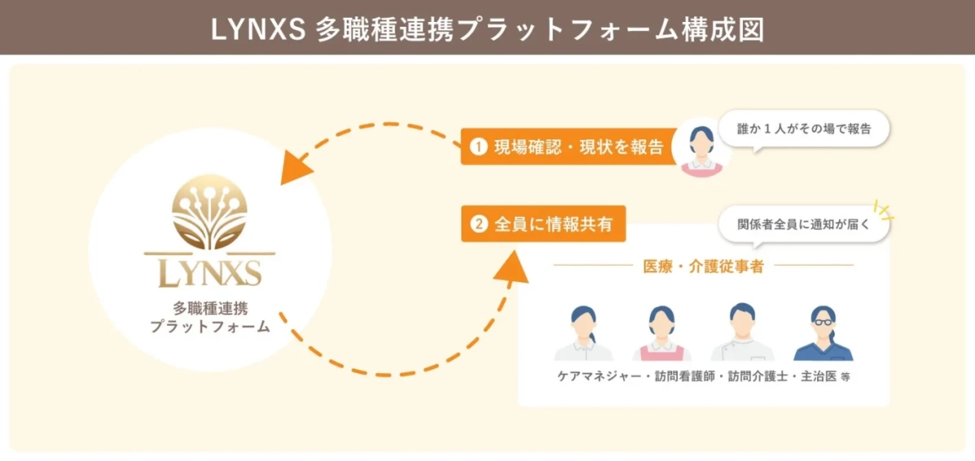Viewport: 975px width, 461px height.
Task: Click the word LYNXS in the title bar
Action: tap(258, 28)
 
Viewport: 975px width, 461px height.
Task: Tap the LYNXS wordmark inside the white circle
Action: tap(209, 272)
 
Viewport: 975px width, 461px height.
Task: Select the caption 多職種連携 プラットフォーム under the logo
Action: tap(210, 318)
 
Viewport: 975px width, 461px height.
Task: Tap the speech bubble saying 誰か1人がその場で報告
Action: tap(804, 128)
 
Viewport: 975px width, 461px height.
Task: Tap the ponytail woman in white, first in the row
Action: tap(583, 333)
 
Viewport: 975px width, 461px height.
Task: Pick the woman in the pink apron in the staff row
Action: tap(662, 333)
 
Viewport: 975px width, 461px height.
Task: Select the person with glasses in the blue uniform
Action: tap(823, 333)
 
